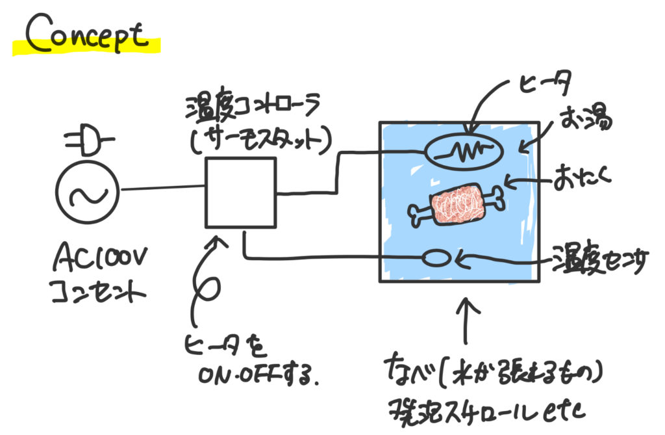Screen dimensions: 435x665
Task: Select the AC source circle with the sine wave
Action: tap(88, 192)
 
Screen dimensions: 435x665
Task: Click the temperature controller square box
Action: tap(240, 192)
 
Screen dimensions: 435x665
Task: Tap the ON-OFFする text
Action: tap(258, 375)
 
